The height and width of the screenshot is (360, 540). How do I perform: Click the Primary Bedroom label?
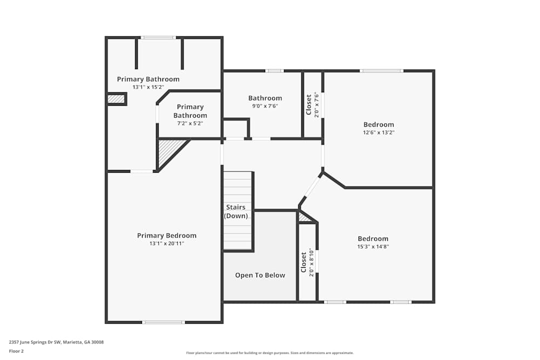pyautogui.click(x=167, y=235)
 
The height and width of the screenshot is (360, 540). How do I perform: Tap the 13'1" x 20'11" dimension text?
pyautogui.click(x=167, y=243)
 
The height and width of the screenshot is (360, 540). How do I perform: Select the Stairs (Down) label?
pyautogui.click(x=236, y=212)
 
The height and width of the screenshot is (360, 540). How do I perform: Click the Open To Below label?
pyautogui.click(x=260, y=275)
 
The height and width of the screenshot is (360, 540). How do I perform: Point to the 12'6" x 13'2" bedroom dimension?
pyautogui.click(x=379, y=133)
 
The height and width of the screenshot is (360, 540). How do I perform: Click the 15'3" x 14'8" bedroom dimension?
pyautogui.click(x=373, y=247)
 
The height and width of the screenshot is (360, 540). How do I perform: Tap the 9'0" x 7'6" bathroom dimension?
pyautogui.click(x=265, y=106)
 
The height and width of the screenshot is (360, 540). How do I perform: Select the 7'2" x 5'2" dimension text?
pyautogui.click(x=190, y=123)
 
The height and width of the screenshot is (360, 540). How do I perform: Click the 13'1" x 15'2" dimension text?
pyautogui.click(x=148, y=87)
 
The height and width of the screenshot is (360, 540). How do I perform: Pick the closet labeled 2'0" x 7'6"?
pyautogui.click(x=312, y=105)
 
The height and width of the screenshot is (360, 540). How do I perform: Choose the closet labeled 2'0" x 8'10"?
pyautogui.click(x=307, y=262)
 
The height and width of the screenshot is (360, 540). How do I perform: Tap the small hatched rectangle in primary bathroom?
pyautogui.click(x=116, y=99)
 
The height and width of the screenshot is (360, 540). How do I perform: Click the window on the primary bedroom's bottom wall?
pyautogui.click(x=163, y=322)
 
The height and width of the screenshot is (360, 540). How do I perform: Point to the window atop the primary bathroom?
pyautogui.click(x=158, y=38)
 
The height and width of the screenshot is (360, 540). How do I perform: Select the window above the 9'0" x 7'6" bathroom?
pyautogui.click(x=274, y=71)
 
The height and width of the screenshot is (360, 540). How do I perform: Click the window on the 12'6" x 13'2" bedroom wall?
pyautogui.click(x=382, y=71)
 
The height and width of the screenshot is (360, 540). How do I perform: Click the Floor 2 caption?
pyautogui.click(x=16, y=351)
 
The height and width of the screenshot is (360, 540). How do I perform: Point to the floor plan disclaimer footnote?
pyautogui.click(x=269, y=353)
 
